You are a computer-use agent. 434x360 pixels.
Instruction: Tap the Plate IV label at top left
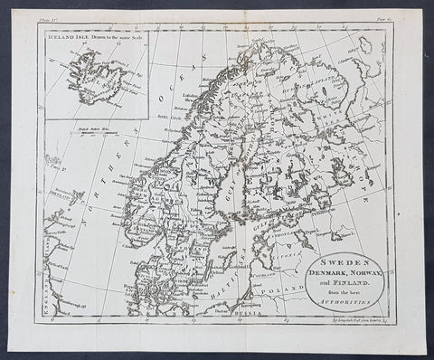coord(49,17)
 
